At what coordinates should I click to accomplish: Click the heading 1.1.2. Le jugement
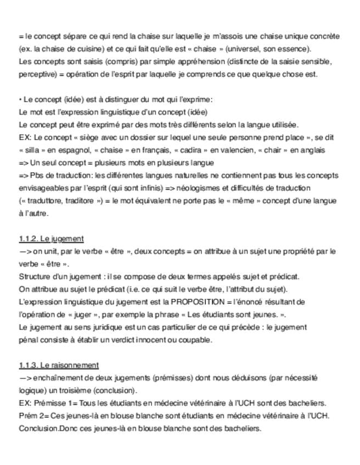click(51, 239)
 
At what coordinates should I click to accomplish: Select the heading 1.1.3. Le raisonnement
click(59, 365)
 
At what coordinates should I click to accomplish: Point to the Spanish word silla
click(34, 150)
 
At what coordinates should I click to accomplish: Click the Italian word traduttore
click(42, 201)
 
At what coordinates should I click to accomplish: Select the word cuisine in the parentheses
click(78, 49)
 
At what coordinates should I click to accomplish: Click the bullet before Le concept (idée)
click(20, 100)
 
